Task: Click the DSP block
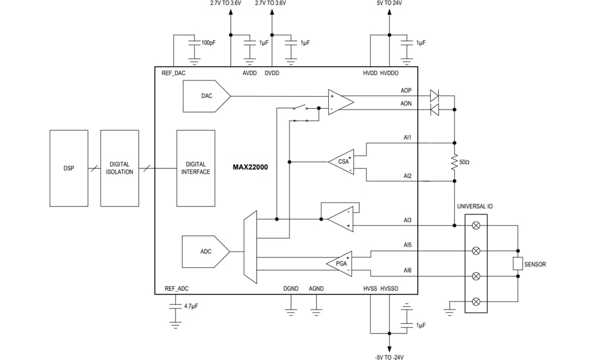click(x=68, y=168)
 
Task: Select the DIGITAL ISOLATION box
click(x=120, y=168)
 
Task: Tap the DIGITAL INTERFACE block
click(x=195, y=168)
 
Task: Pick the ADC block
click(x=205, y=252)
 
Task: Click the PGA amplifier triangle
click(x=340, y=263)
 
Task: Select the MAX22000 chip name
click(x=250, y=167)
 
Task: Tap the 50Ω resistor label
click(x=464, y=163)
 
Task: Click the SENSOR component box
click(x=517, y=264)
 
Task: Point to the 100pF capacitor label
click(x=208, y=43)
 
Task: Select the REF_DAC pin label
click(x=173, y=73)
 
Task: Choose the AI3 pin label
click(x=407, y=220)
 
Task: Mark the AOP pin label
click(x=406, y=91)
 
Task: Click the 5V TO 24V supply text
click(x=389, y=3)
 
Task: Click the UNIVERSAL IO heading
click(x=475, y=206)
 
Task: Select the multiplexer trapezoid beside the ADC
click(x=250, y=247)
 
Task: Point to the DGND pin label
click(x=291, y=289)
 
